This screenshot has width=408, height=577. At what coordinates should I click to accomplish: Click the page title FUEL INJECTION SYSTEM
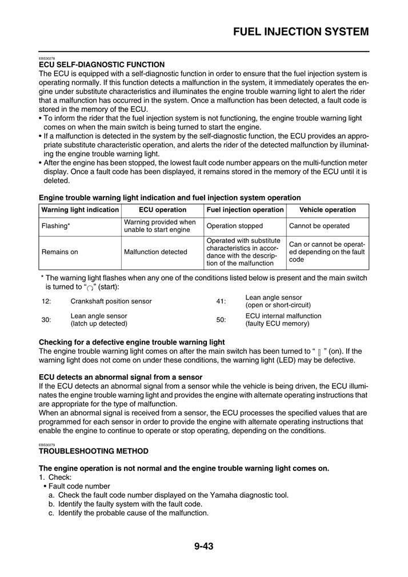tap(301, 31)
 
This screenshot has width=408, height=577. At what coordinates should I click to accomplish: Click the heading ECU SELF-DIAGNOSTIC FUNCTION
tap(102, 65)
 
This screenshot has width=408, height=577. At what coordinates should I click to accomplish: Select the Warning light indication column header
tap(80, 210)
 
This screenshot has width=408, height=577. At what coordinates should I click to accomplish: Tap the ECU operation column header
tap(162, 210)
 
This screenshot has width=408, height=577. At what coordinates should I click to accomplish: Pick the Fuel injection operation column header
tap(245, 210)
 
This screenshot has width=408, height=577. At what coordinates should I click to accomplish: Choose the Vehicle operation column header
tap(327, 210)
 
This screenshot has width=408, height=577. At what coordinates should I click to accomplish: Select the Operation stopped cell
tap(234, 226)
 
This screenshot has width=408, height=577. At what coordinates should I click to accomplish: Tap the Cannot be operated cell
tap(319, 226)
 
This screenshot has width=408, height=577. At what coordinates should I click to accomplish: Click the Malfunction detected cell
tap(155, 251)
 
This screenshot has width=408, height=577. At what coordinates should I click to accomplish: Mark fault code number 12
tap(46, 301)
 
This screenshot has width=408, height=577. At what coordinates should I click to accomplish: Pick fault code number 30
tap(46, 320)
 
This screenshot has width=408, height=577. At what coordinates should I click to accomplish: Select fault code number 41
tap(221, 301)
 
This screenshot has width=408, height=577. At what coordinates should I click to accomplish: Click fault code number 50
tap(221, 320)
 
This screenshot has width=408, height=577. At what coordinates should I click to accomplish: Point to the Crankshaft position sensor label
tap(111, 301)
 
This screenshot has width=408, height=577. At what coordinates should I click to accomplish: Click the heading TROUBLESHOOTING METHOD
tap(93, 451)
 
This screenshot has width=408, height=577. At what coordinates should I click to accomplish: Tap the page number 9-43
tap(203, 546)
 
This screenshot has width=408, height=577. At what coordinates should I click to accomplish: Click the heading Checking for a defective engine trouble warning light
tap(131, 342)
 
